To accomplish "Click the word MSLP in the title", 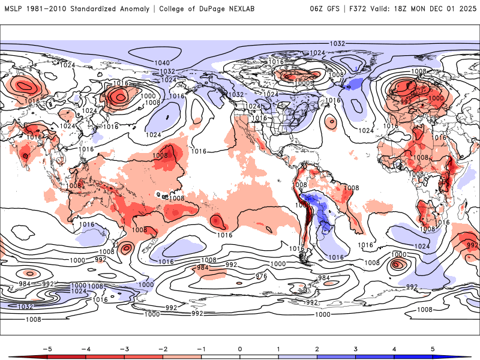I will (x=14, y=8).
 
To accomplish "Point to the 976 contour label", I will (x=261, y=277).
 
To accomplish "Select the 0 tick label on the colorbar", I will (x=240, y=348).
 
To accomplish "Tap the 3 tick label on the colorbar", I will (x=356, y=348).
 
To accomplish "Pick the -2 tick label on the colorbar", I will (x=163, y=348).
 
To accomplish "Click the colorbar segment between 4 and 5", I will (x=413, y=357).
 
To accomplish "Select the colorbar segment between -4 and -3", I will (x=104, y=357).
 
